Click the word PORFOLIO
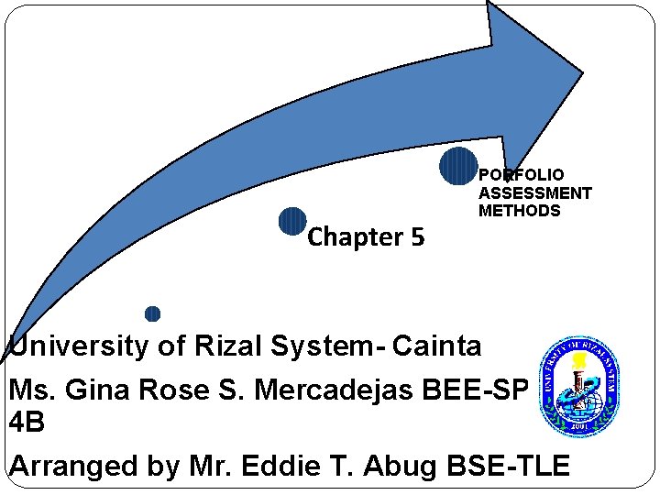522,174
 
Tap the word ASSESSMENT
535,192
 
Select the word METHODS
519,211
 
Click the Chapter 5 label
366,237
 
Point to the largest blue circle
457,166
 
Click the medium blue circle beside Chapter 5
292,222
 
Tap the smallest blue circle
153,313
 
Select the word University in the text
78,346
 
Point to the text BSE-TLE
510,466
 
